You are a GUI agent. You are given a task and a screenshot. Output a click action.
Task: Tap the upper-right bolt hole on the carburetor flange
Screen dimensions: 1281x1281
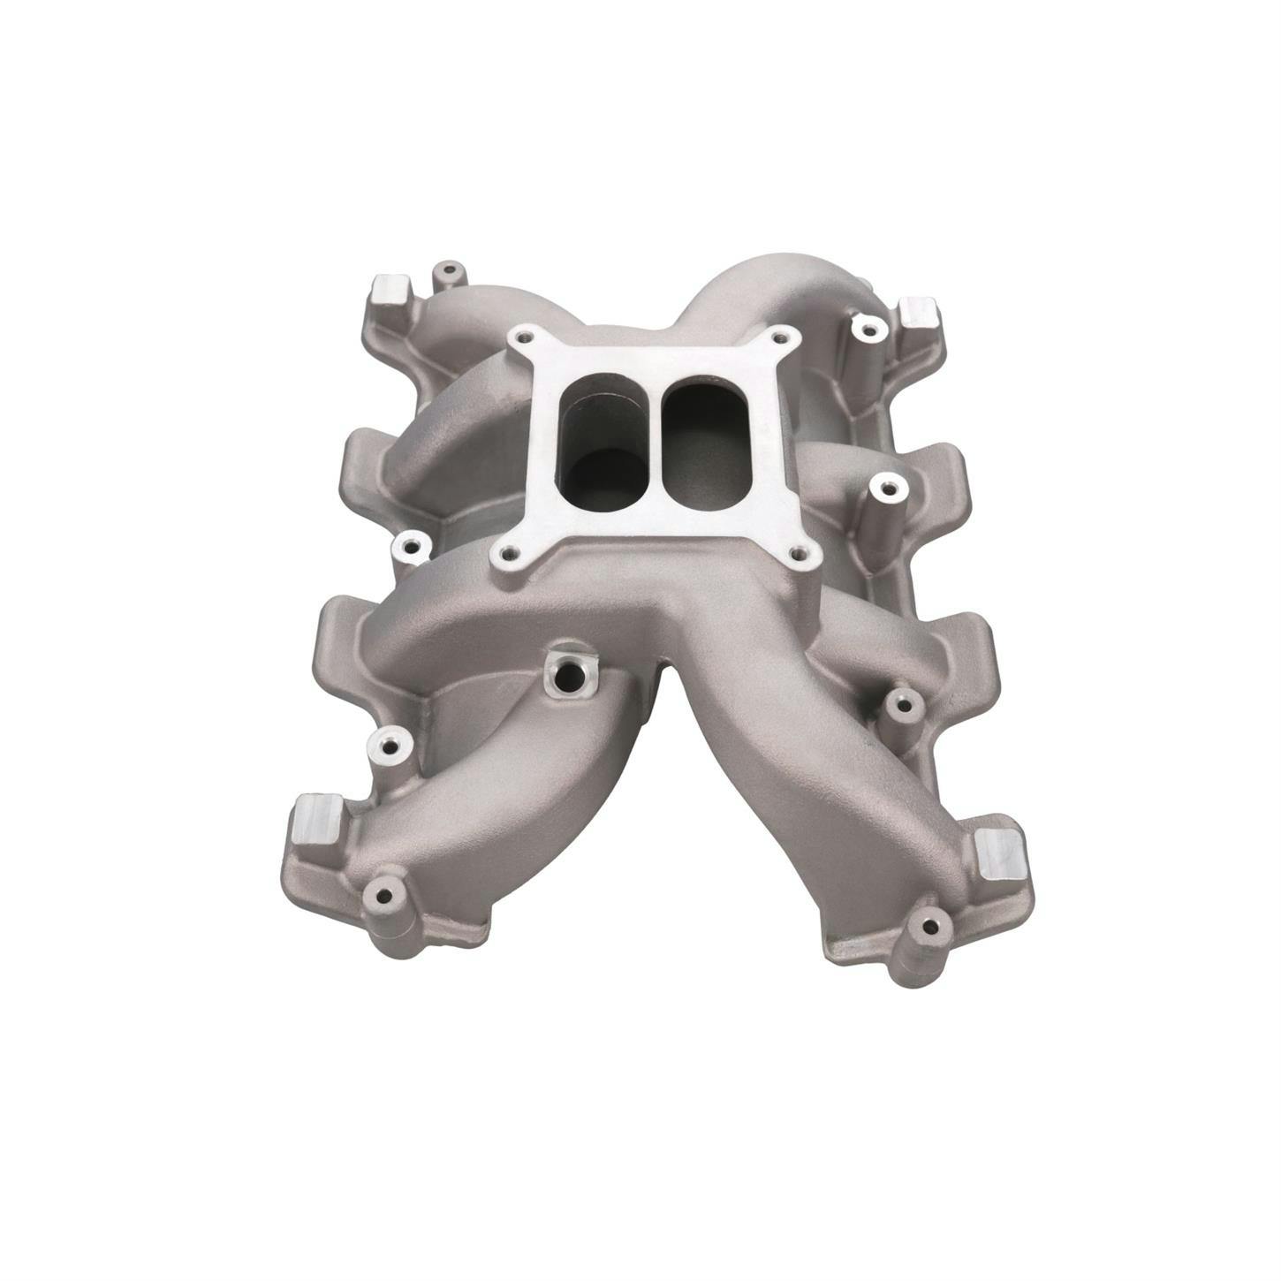pos(778,337)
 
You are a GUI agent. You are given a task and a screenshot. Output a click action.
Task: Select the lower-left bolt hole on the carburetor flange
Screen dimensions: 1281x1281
pos(507,556)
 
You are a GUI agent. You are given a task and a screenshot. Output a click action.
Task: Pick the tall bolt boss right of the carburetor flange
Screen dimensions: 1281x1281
pos(884,483)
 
